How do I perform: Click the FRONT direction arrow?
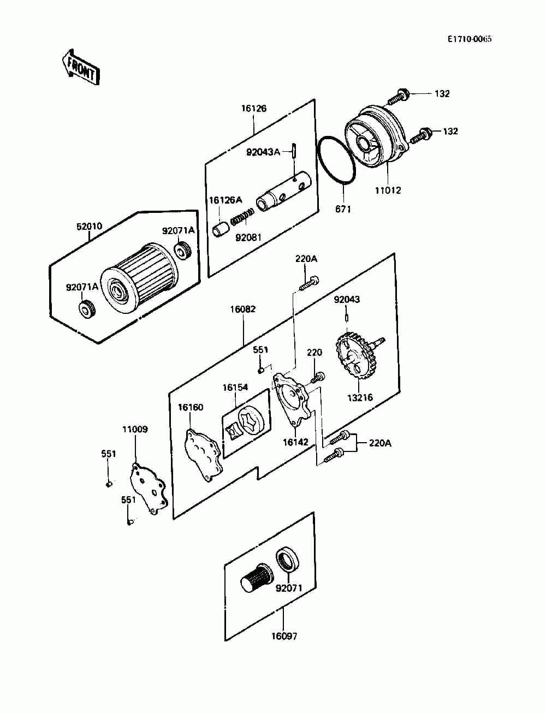[x=81, y=68]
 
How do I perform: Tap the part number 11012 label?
[x=388, y=191]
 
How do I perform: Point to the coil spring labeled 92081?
[x=242, y=217]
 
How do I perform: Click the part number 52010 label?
[x=89, y=226]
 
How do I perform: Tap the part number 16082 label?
[x=243, y=309]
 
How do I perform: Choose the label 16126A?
[x=225, y=200]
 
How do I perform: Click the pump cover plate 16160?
[x=204, y=455]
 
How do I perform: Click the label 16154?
[x=235, y=388]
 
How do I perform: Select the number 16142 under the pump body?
[x=295, y=442]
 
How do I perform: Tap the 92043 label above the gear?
[x=347, y=299]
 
